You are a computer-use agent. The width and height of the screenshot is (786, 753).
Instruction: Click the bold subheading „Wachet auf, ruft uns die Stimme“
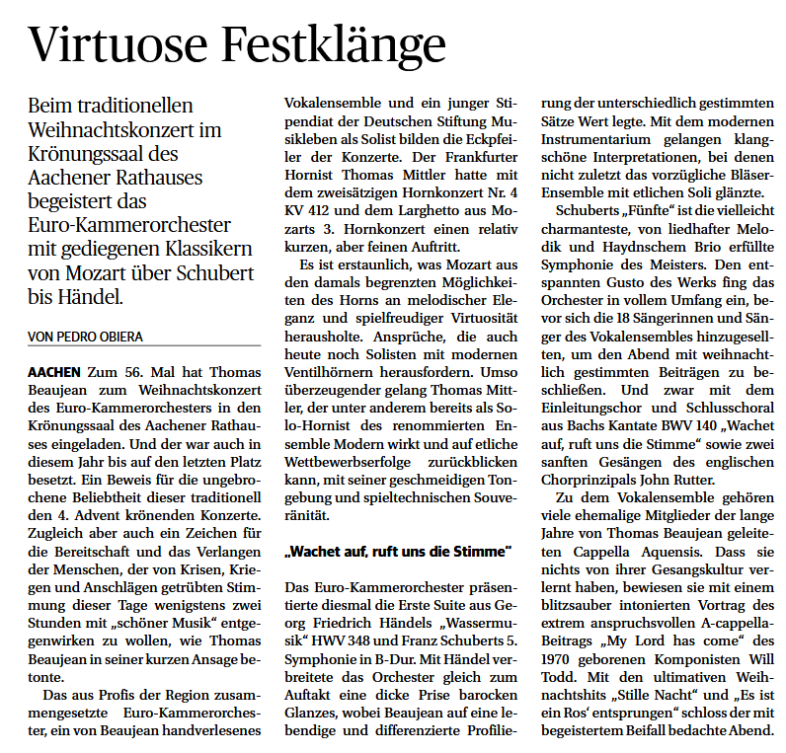[398, 550]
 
